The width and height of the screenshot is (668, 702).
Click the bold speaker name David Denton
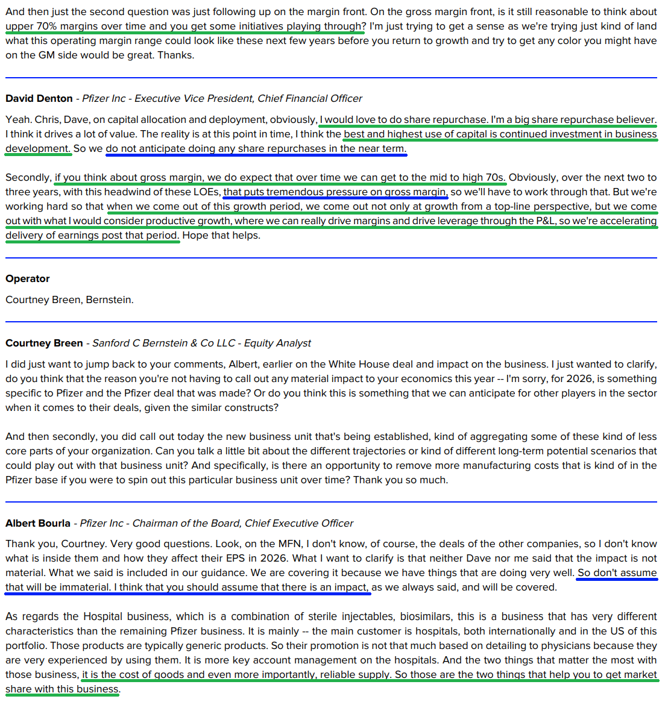(39, 98)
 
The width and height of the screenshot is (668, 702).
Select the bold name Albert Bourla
(38, 523)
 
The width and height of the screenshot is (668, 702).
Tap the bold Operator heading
(28, 278)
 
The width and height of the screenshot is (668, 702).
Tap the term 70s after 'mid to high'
(496, 177)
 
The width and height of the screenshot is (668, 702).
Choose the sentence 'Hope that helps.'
(221, 235)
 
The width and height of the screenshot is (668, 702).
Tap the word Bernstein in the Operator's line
(109, 299)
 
